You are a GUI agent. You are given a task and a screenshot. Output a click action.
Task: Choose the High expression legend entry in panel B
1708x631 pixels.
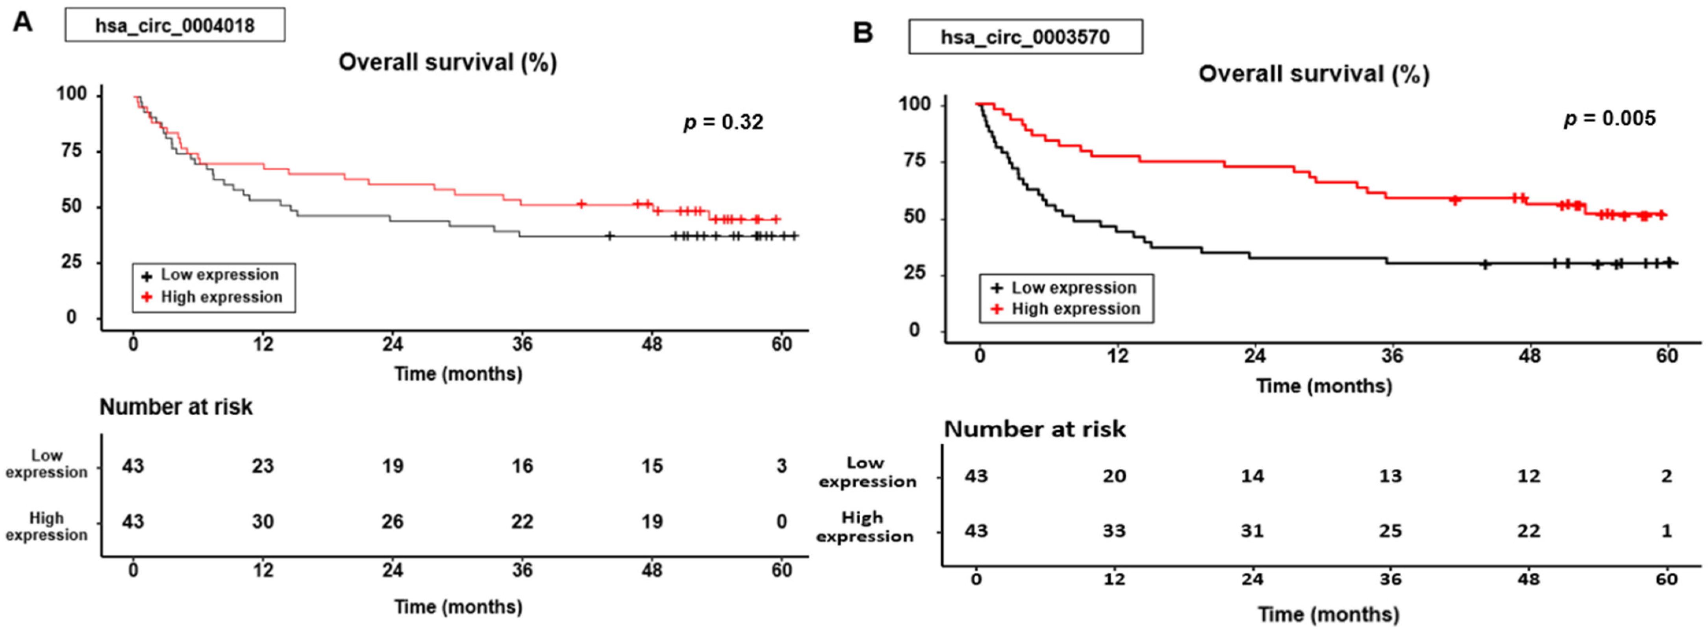click(x=1067, y=309)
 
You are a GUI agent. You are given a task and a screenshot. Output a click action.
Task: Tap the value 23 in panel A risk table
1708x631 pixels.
click(x=263, y=466)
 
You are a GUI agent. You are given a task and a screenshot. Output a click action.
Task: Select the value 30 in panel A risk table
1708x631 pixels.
click(x=263, y=522)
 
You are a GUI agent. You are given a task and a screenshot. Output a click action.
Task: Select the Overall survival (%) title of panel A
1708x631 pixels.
click(x=448, y=62)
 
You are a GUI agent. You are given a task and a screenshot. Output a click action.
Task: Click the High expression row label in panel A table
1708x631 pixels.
click(x=46, y=526)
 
